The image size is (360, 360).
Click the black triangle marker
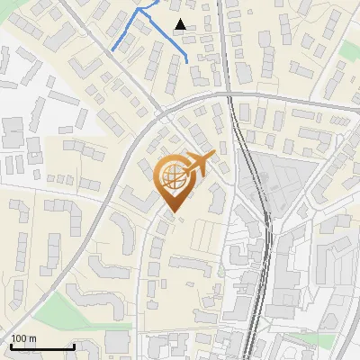(181, 24)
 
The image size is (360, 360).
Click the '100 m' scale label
(23, 338)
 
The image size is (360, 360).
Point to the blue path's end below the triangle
(186, 61)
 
